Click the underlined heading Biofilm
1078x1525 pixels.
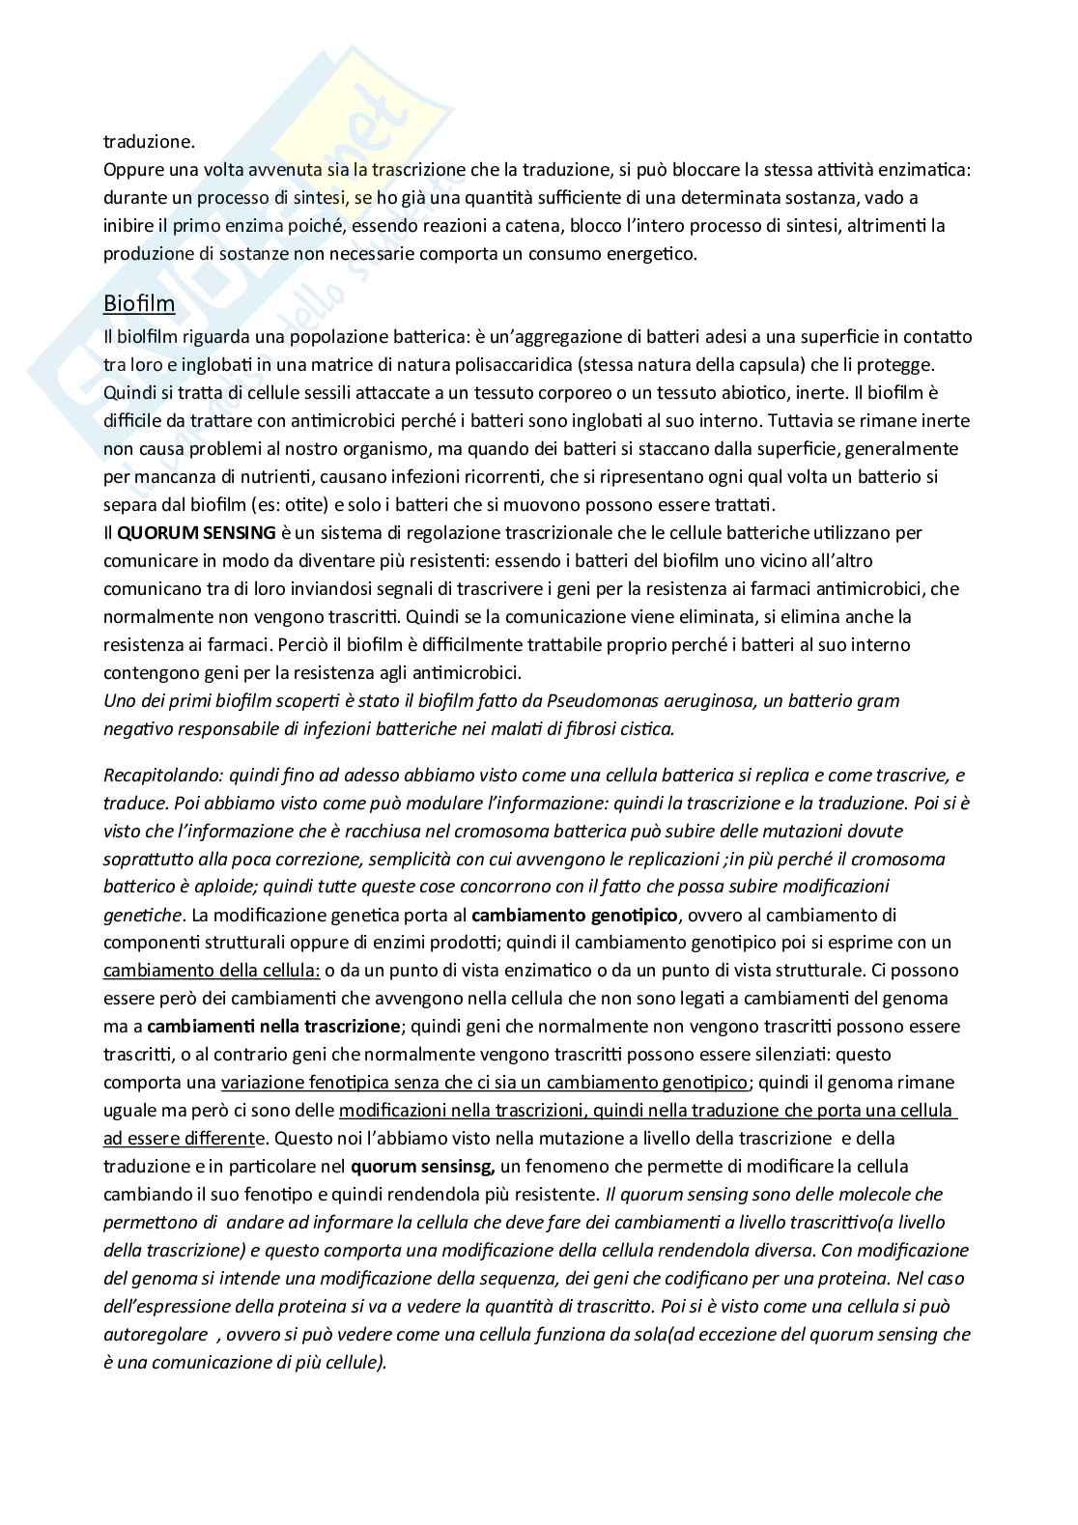coord(139,304)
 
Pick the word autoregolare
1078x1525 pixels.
coord(156,1335)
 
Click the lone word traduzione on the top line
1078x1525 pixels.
coord(149,142)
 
